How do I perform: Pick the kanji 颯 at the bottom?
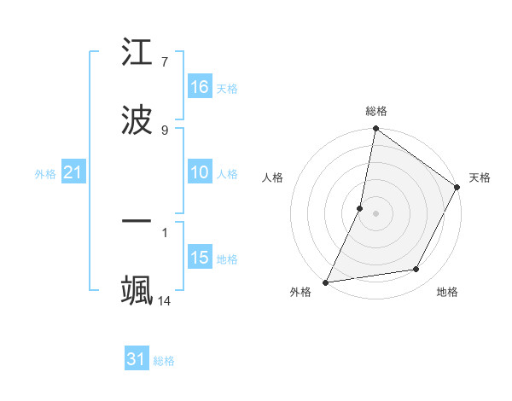[x=137, y=289]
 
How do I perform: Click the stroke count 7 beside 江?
[x=165, y=62]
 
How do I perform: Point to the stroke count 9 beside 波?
[x=165, y=130]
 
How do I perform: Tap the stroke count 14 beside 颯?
[x=165, y=300]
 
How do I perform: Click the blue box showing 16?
[x=200, y=87]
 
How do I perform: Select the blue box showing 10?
[x=200, y=172]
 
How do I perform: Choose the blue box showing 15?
[x=200, y=258]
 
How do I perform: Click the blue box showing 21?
[x=73, y=172]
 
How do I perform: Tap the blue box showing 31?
[x=137, y=359]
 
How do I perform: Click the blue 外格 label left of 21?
[x=45, y=174]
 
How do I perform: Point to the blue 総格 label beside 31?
[x=164, y=361]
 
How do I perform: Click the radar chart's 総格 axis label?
[x=375, y=111]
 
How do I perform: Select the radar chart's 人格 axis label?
[x=273, y=177]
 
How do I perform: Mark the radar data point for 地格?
[x=416, y=270]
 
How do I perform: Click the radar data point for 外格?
[x=325, y=282]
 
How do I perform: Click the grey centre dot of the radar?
[x=375, y=213]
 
